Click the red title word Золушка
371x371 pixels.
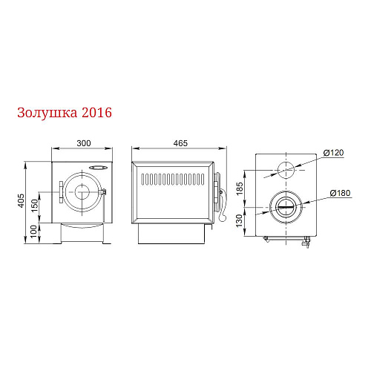(47, 114)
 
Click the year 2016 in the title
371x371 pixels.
(96, 113)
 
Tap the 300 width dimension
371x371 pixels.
(84, 143)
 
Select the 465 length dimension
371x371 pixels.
(180, 143)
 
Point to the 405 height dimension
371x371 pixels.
(22, 200)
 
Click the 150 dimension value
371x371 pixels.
(35, 206)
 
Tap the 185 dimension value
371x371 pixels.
(240, 188)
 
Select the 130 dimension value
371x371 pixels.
(239, 221)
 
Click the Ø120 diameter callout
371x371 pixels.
(333, 153)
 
